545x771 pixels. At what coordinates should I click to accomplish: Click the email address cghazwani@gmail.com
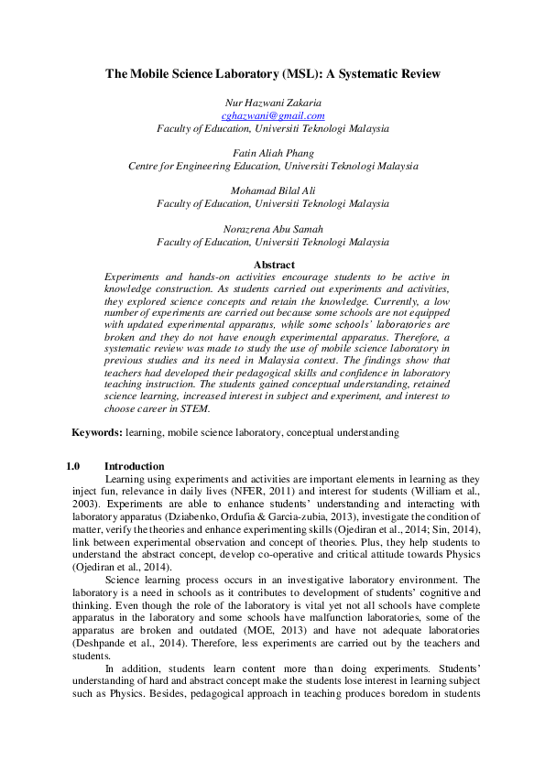(x=273, y=116)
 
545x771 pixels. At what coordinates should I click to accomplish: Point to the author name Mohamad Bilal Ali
(x=273, y=191)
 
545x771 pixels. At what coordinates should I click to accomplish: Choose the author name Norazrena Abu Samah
(x=273, y=229)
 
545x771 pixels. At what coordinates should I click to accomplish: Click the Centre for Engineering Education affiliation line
(x=273, y=167)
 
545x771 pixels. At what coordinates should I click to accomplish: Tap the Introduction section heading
(x=135, y=466)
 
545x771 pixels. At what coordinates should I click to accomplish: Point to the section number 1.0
(x=75, y=466)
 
